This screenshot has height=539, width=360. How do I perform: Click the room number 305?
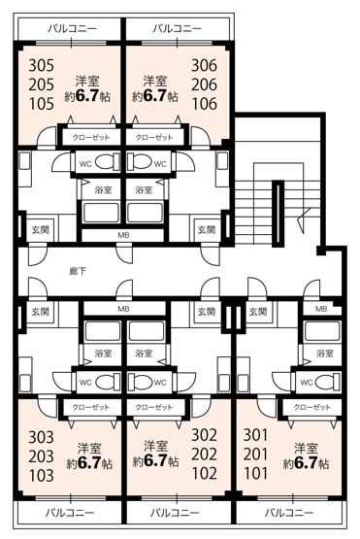(41, 65)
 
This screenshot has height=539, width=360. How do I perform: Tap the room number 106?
(205, 104)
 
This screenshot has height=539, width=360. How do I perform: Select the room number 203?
(41, 456)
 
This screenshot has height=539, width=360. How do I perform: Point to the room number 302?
(205, 435)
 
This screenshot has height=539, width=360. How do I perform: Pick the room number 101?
(255, 474)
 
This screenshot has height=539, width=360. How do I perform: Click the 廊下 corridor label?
(78, 271)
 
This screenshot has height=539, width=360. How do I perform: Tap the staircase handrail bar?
(278, 214)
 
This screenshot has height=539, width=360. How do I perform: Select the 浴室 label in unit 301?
(325, 353)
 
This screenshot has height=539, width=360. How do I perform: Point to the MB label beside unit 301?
(321, 309)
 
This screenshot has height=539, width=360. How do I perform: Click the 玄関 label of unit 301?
(258, 312)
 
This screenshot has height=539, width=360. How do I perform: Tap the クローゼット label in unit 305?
(91, 138)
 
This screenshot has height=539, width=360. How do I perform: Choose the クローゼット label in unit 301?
(311, 407)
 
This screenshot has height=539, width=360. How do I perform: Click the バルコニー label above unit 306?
(178, 28)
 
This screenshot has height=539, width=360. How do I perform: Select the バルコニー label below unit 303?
(70, 513)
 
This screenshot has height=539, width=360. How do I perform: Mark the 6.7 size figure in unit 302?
(155, 460)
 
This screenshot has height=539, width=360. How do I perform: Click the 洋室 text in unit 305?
(87, 82)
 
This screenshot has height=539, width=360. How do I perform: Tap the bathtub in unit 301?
(322, 331)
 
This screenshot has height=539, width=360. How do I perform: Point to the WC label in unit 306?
(160, 164)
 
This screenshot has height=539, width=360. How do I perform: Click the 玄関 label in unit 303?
(41, 312)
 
